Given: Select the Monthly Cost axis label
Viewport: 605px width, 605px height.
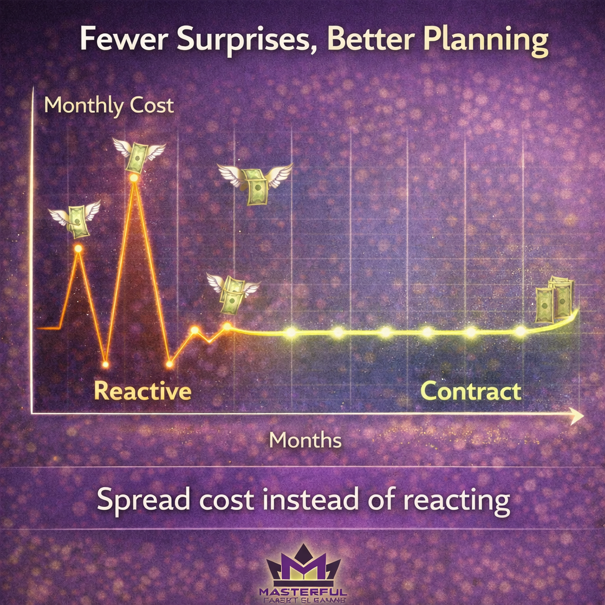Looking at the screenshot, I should click(x=109, y=105).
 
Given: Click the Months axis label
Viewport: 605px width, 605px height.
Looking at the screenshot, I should click(x=305, y=440).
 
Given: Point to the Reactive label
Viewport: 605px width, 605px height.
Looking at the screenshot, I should click(x=142, y=391).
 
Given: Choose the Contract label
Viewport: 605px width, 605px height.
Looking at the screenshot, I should click(x=470, y=391).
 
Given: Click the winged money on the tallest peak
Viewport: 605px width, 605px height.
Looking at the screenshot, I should click(x=138, y=155).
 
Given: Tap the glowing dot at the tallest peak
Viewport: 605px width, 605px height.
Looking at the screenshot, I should click(x=135, y=177).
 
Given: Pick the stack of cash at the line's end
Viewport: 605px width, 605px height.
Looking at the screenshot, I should click(x=555, y=300).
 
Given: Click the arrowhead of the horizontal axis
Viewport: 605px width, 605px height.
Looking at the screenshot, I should click(x=577, y=416).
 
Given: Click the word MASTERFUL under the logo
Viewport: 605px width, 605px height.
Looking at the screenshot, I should click(x=303, y=591).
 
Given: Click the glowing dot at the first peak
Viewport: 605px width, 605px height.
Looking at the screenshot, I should click(x=78, y=249).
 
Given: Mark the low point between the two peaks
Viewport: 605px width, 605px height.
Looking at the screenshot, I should click(x=105, y=363).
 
